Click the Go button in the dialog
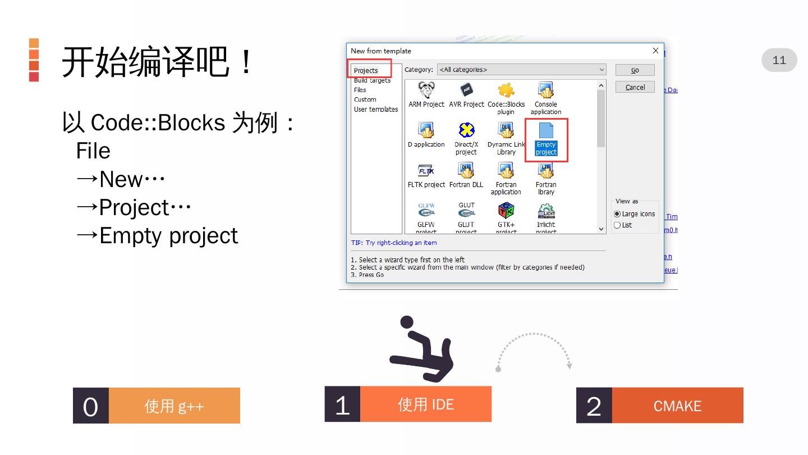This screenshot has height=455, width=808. [x=635, y=70]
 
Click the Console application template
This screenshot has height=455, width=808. [x=546, y=92]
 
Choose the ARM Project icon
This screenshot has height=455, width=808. [x=426, y=91]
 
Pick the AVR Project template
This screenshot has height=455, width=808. [x=466, y=91]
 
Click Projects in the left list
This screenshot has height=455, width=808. [x=366, y=71]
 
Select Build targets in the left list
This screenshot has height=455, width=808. [x=372, y=80]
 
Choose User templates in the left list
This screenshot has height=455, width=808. [x=376, y=110]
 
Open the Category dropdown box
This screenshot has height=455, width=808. [x=522, y=70]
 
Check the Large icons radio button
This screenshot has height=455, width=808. [x=617, y=214]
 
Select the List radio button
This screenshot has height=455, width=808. [x=617, y=225]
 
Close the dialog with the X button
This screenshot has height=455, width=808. [x=655, y=51]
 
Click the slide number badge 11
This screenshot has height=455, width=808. [x=779, y=60]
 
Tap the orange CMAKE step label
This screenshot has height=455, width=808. [x=677, y=406]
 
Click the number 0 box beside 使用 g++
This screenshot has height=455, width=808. [x=90, y=406]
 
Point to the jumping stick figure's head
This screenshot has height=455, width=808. [x=406, y=323]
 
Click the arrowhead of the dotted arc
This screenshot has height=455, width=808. [x=569, y=366]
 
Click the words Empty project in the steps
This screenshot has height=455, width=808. [x=169, y=236]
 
